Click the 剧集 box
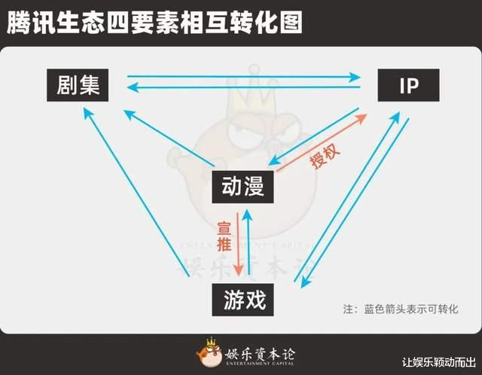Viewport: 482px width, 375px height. pyautogui.click(x=78, y=85)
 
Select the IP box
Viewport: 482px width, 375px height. pyautogui.click(x=408, y=85)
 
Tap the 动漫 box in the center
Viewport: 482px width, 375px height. pyautogui.click(x=243, y=187)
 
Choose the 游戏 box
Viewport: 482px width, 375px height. pyautogui.click(x=243, y=300)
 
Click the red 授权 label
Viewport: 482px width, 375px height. pyautogui.click(x=325, y=157)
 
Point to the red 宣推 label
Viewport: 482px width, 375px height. pyautogui.click(x=224, y=236)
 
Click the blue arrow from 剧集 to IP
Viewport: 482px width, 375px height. pyautogui.click(x=244, y=77)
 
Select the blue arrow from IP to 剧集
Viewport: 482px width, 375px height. pyautogui.click(x=243, y=88)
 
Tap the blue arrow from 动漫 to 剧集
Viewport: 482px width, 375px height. pyautogui.click(x=169, y=138)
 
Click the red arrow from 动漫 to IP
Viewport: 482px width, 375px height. pyautogui.click(x=322, y=142)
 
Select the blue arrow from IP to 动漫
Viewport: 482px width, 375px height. pyautogui.click(x=313, y=136)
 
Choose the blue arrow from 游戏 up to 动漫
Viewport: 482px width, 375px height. pyautogui.click(x=248, y=242)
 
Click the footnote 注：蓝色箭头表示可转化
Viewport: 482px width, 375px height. pyautogui.click(x=401, y=309)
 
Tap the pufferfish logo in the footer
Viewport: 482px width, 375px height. pyautogui.click(x=209, y=352)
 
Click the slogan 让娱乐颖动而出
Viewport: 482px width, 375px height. pyautogui.click(x=439, y=362)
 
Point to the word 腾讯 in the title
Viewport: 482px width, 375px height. pyautogui.click(x=31, y=22)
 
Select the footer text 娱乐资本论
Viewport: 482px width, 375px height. pyautogui.click(x=260, y=355)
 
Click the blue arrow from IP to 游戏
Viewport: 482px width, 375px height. pyautogui.click(x=355, y=203)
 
